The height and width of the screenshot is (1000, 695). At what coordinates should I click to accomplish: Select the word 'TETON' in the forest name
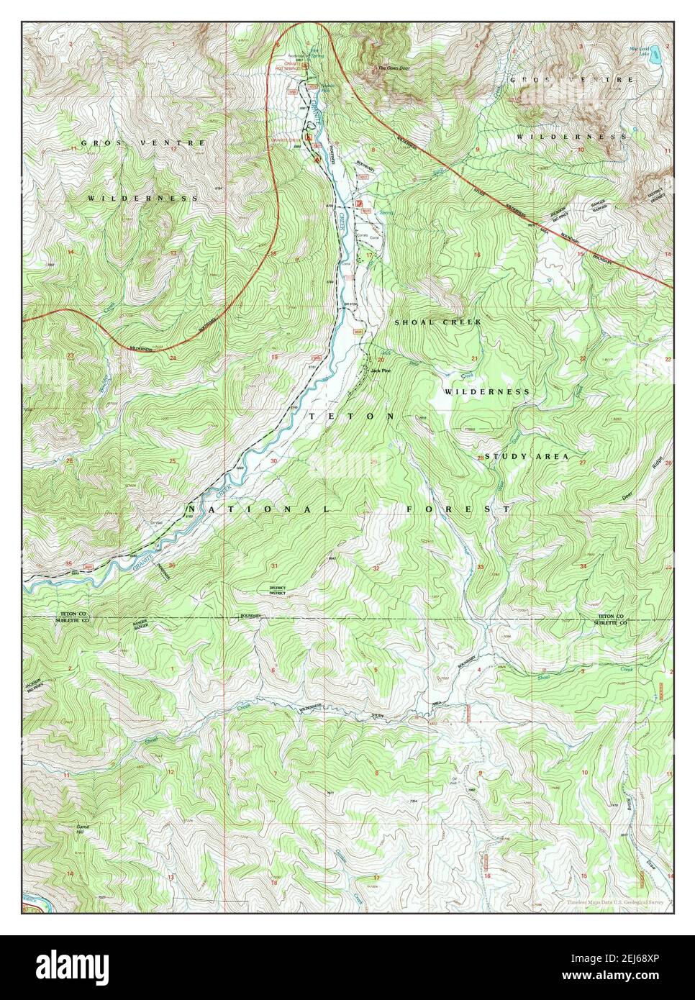tap(352, 417)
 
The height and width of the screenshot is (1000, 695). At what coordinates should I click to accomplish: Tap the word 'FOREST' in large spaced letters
tap(458, 509)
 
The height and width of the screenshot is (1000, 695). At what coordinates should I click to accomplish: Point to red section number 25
tap(172, 460)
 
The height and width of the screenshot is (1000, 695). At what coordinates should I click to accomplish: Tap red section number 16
tap(476, 255)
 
